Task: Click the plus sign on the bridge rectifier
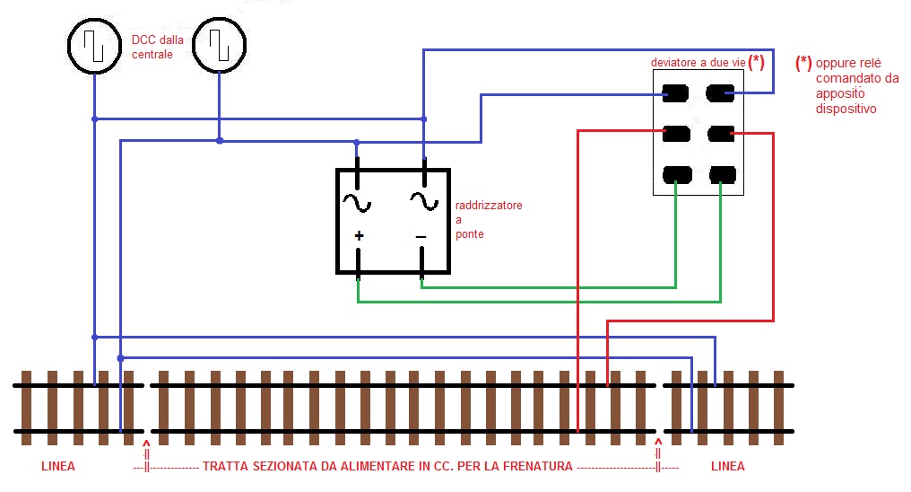(359, 236)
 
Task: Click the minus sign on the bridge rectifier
(421, 236)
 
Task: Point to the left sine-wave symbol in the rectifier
(356, 203)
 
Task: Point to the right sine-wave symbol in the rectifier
(423, 200)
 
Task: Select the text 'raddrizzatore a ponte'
(488, 220)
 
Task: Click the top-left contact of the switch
(676, 92)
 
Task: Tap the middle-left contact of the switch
(676, 134)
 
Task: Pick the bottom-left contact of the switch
(677, 174)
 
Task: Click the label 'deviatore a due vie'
(698, 62)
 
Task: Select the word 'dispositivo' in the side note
(846, 109)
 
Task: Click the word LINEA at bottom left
(58, 467)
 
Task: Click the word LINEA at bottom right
(727, 467)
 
